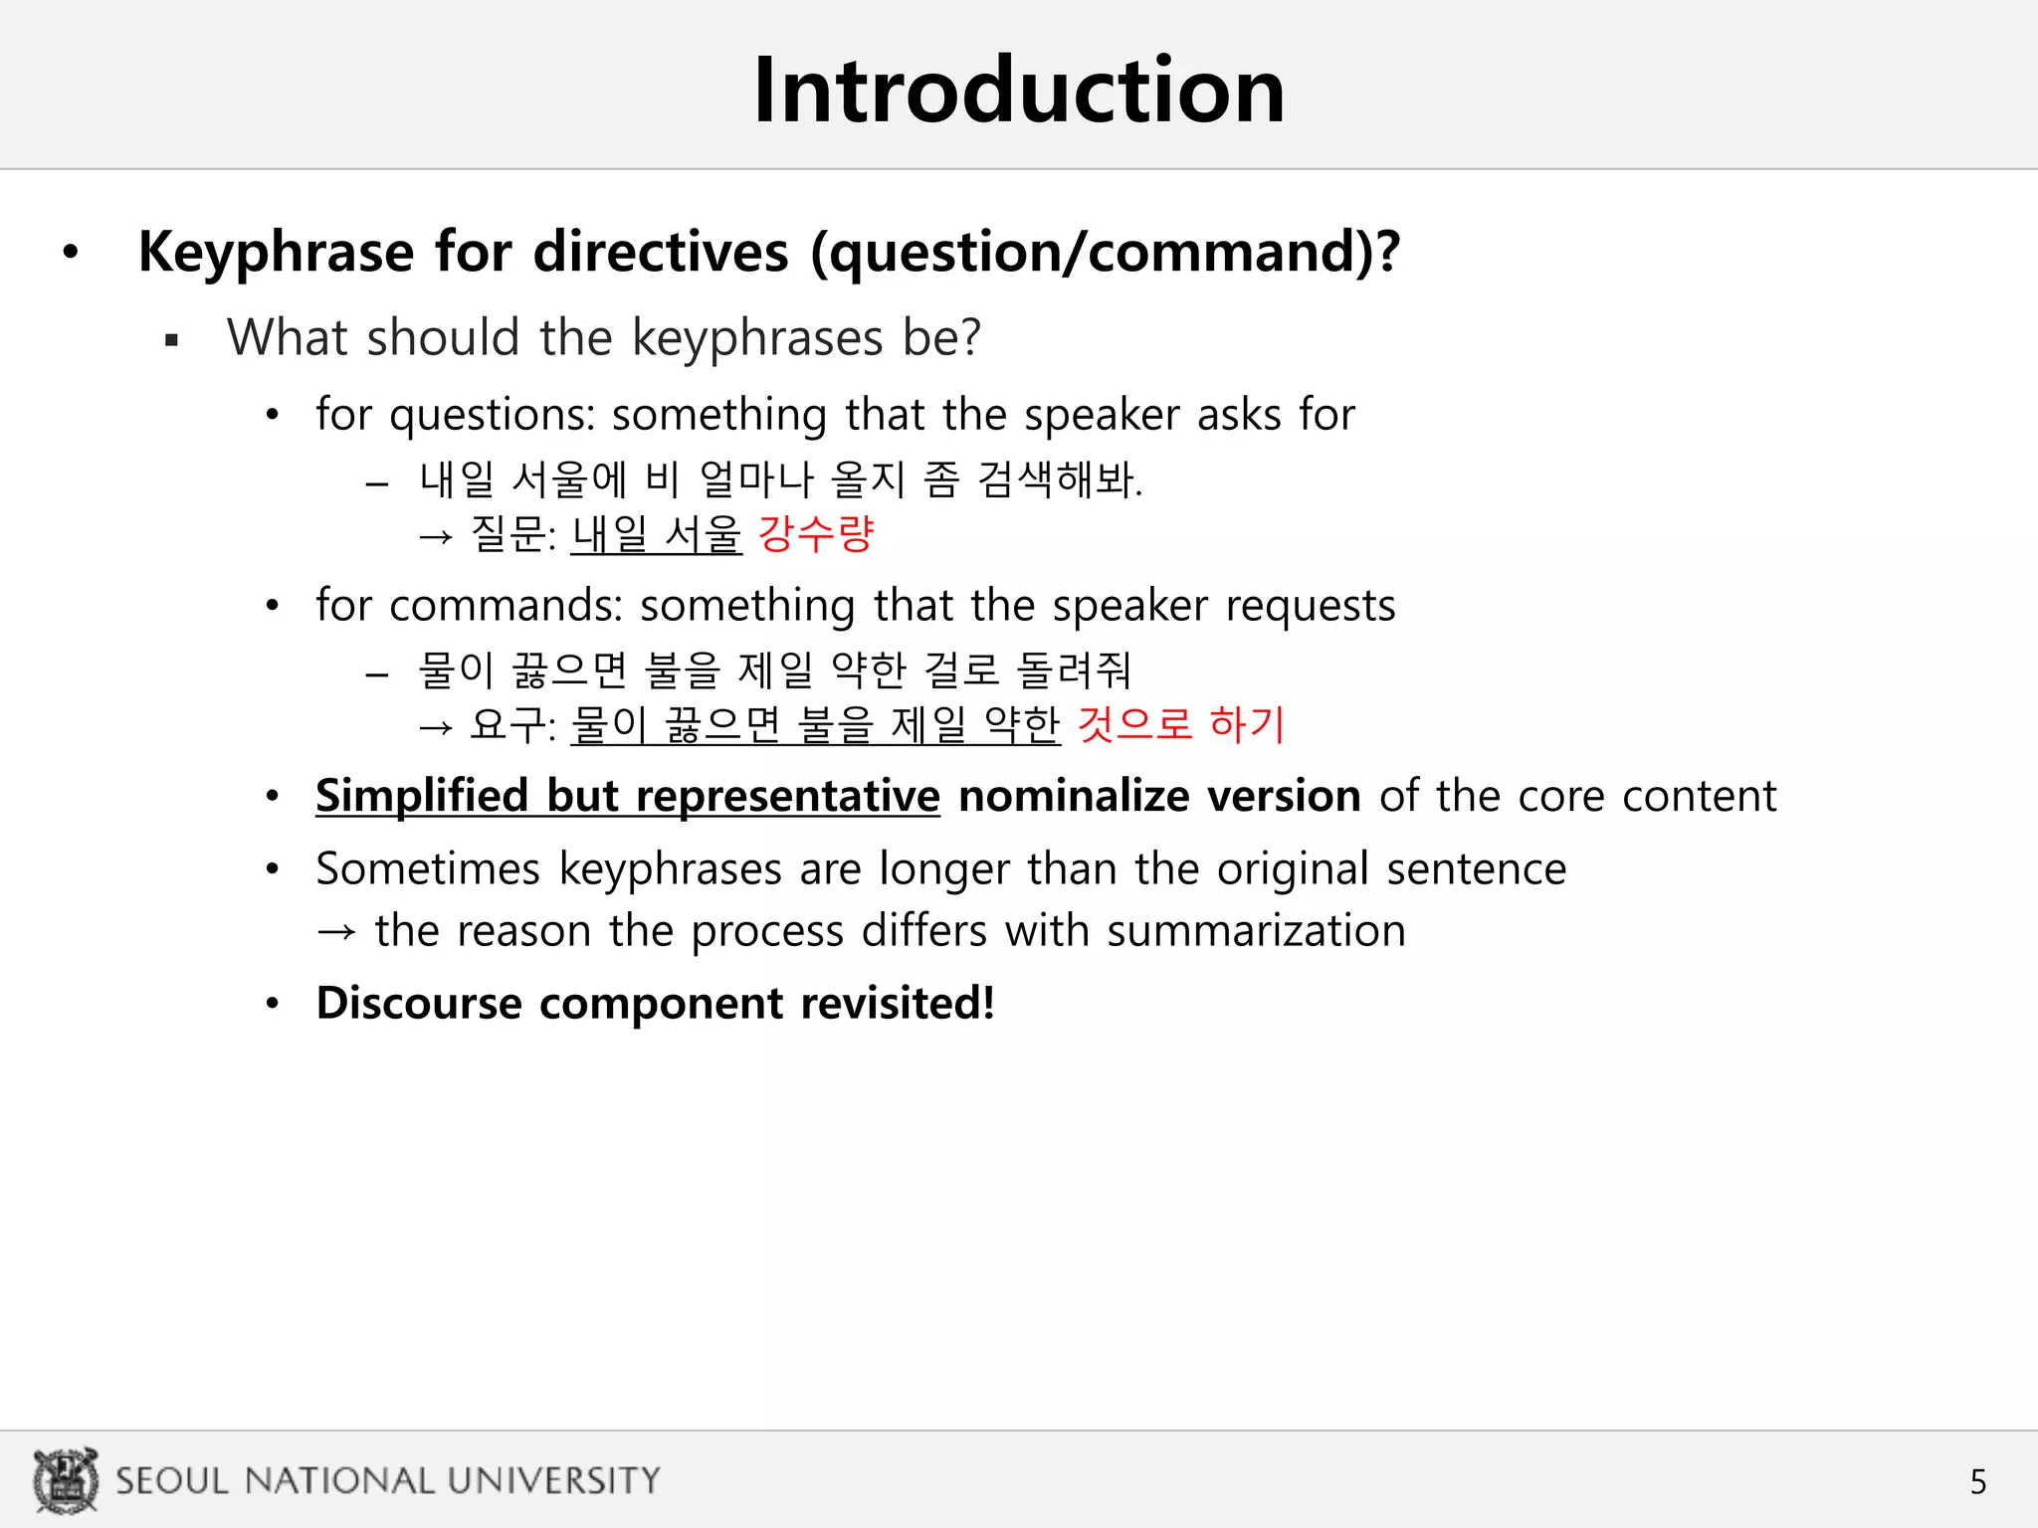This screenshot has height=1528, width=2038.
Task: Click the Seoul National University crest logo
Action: (x=66, y=1479)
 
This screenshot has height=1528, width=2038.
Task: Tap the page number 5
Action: (x=1977, y=1482)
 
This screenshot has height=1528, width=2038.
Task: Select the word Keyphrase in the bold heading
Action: (x=276, y=252)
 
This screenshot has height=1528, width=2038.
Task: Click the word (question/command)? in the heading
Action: (x=1105, y=252)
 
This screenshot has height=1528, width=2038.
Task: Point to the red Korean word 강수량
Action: (x=815, y=534)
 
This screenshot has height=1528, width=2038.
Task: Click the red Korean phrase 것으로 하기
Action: (x=1181, y=724)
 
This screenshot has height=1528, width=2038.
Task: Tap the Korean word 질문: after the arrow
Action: (x=512, y=534)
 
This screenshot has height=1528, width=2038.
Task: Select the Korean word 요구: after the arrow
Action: (x=512, y=724)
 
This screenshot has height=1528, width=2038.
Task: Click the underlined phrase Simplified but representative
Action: (x=627, y=796)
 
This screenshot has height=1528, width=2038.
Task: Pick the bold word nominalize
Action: (x=1074, y=796)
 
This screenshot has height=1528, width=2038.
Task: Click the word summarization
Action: (x=1256, y=931)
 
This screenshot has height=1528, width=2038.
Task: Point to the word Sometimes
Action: (x=428, y=868)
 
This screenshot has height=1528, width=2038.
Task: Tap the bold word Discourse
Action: (x=418, y=1003)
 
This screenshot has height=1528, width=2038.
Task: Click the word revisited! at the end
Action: (x=898, y=1003)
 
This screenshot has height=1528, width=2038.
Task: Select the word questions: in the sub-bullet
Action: (x=492, y=415)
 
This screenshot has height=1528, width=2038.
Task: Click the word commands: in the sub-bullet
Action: (x=506, y=606)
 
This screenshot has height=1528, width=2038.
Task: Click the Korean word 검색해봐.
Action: (x=1060, y=479)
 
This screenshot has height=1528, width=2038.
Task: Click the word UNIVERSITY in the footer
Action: (x=553, y=1480)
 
